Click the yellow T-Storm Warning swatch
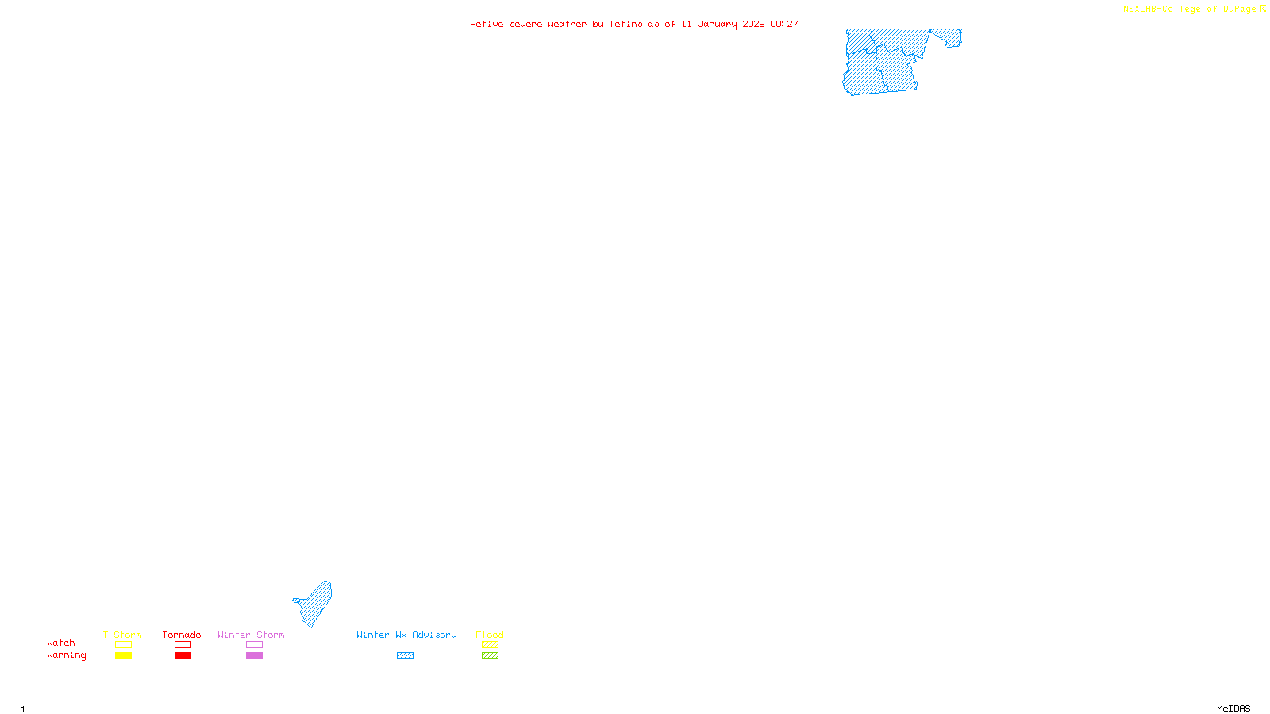pos(123,656)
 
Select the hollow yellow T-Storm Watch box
pos(123,645)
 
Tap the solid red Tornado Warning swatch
pos(183,656)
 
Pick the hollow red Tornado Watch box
pos(183,645)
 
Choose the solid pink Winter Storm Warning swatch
pos(254,656)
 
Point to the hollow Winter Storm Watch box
pos(254,645)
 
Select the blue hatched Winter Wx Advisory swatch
pos(405,656)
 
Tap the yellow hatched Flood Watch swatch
pos(490,645)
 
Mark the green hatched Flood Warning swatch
pos(490,656)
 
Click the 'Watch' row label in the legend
pos(61,643)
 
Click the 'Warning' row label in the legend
pos(67,655)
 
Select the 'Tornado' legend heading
pos(182,635)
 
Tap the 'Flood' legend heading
pos(490,635)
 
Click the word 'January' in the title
pos(718,25)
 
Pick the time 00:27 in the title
pos(784,25)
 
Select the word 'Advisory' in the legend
pos(434,635)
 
